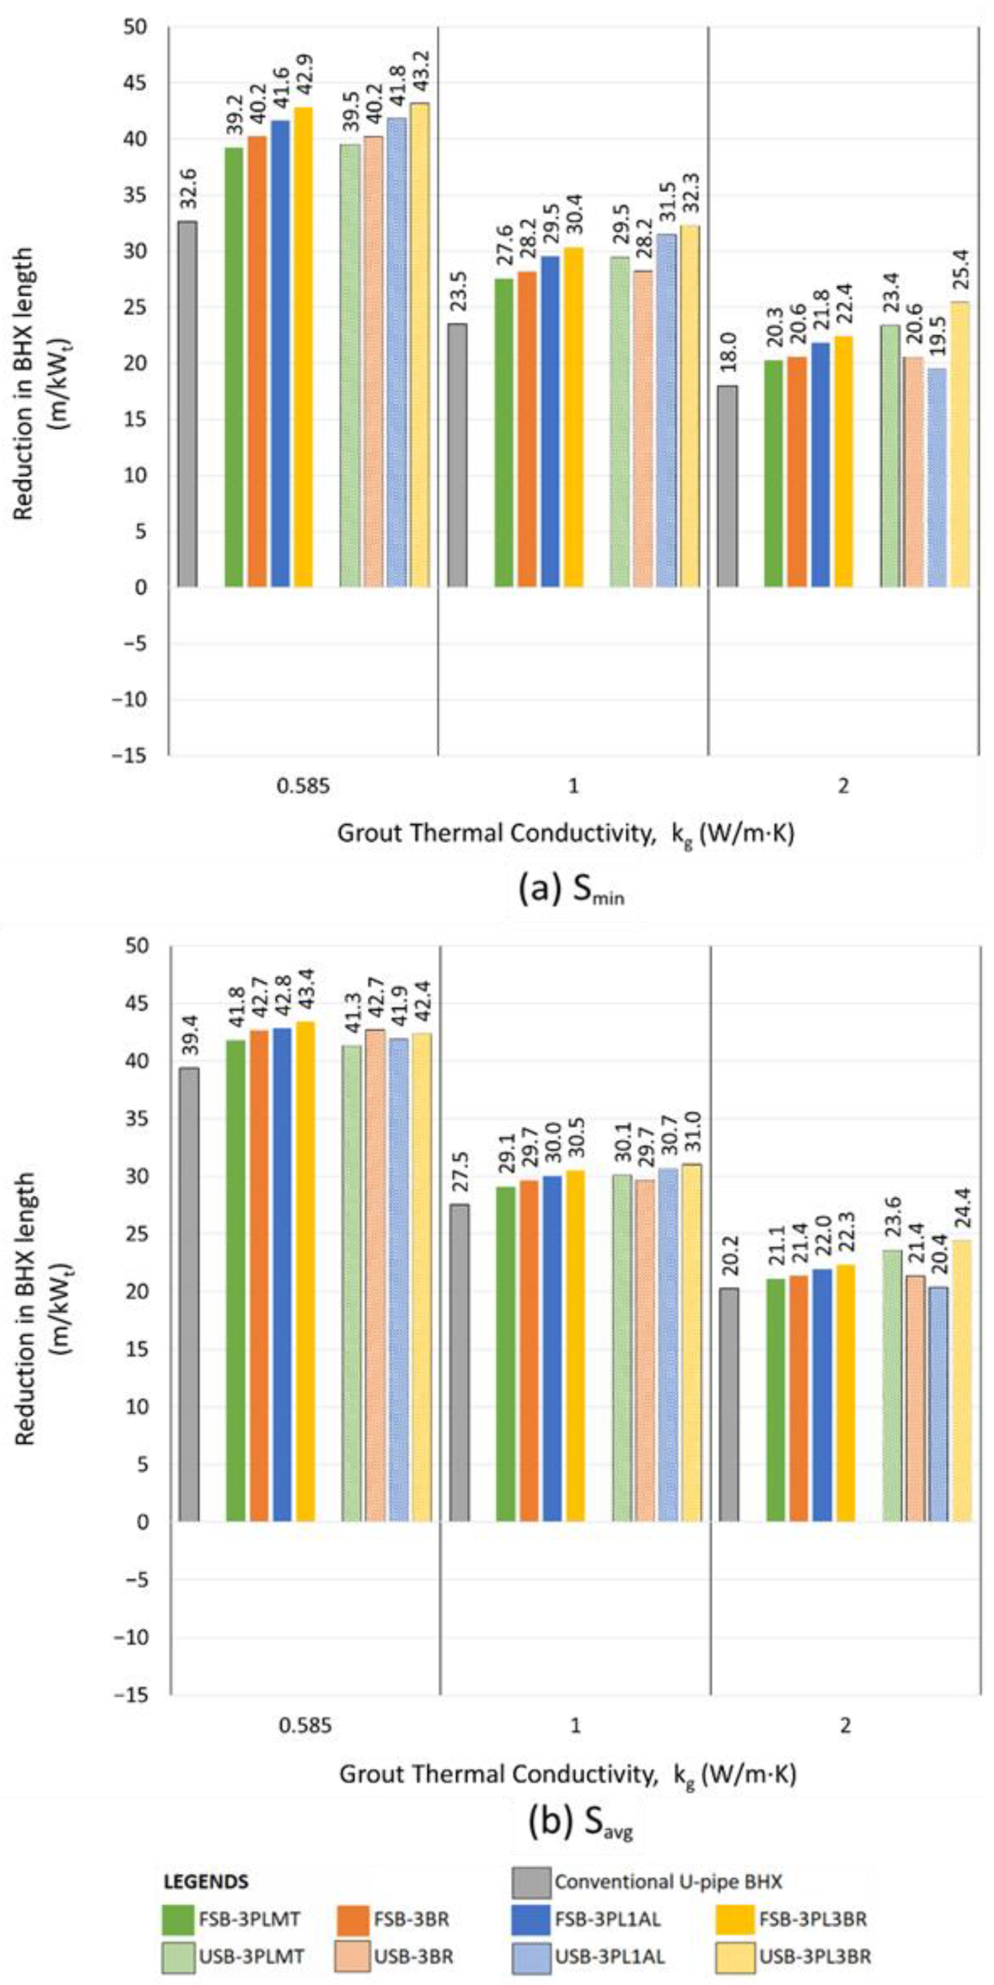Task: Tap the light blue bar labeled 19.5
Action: point(937,478)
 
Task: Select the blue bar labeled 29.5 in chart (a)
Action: point(550,422)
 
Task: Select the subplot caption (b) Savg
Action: point(580,1824)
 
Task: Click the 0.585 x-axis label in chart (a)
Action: point(303,787)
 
